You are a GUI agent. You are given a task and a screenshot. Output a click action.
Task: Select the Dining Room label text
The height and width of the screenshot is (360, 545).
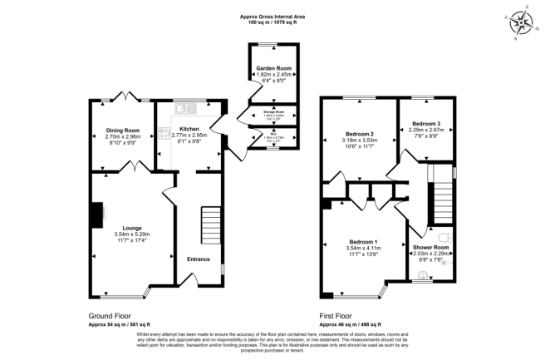[x=122, y=130]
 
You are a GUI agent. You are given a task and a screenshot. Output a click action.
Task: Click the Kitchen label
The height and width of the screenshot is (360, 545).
[x=189, y=130]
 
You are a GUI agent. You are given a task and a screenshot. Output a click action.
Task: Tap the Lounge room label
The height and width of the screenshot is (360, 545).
[x=132, y=228]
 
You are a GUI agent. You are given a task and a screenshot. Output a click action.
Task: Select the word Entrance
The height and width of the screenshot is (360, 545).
[x=199, y=259]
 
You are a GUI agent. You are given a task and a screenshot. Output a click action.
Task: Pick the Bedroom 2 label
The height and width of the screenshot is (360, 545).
[x=360, y=134]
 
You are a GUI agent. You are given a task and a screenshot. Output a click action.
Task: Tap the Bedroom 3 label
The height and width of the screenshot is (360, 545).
[x=425, y=123]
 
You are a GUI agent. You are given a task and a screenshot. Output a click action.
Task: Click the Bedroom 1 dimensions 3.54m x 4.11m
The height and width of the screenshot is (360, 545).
[x=364, y=249]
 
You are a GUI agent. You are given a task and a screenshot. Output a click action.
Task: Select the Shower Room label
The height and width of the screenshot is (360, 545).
[x=430, y=247]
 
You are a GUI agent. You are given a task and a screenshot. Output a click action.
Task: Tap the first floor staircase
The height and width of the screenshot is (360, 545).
[x=441, y=193]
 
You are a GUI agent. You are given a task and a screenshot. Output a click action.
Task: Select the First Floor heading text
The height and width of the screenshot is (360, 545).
[x=339, y=316]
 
